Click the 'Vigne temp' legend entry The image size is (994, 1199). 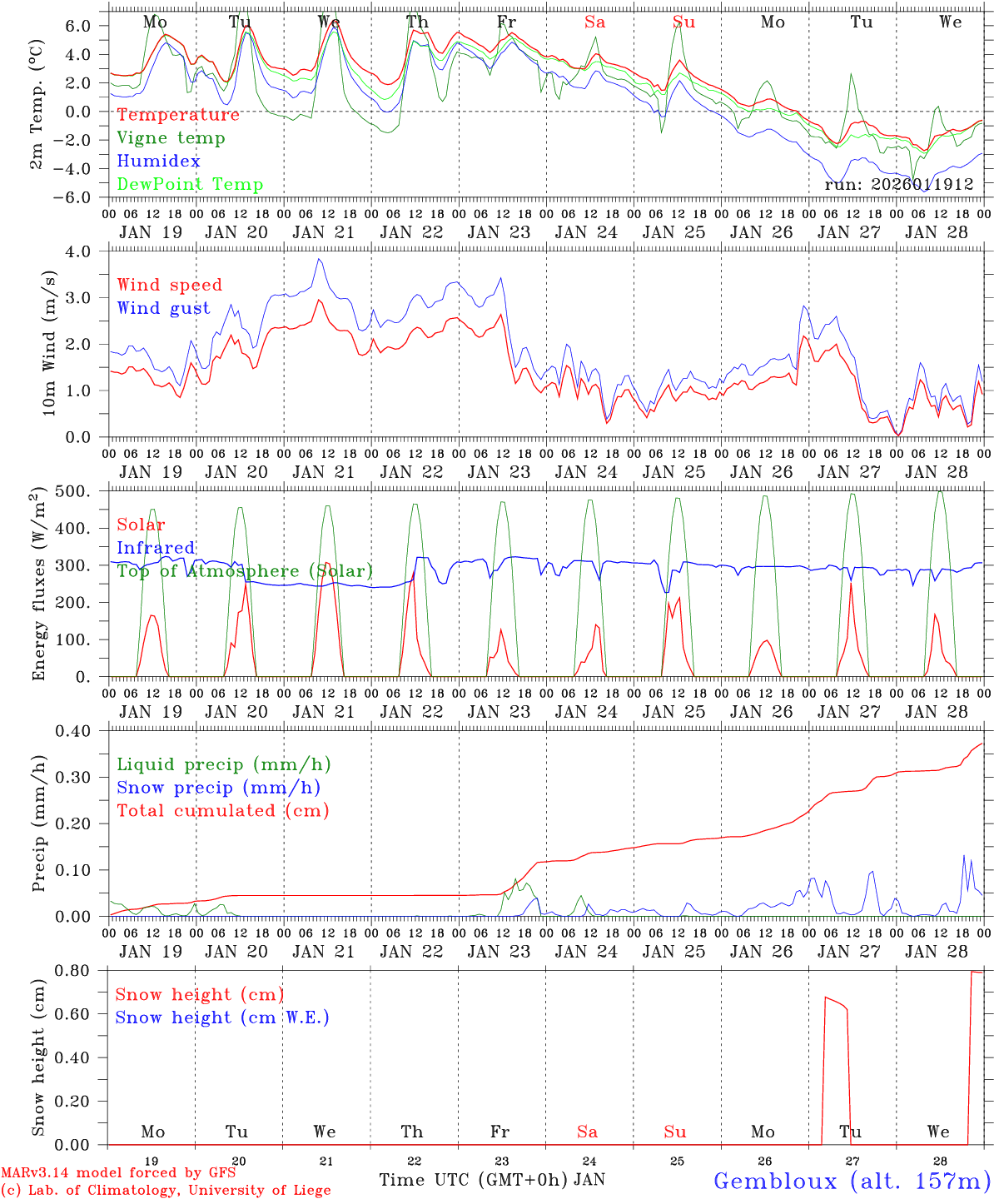(171, 138)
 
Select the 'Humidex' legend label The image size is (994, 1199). (159, 161)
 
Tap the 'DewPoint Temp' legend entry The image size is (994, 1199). (190, 184)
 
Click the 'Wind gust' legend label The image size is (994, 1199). (163, 308)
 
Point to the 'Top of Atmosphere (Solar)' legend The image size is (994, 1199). (245, 571)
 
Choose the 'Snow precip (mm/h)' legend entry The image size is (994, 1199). (219, 788)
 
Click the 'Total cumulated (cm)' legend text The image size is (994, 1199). (223, 810)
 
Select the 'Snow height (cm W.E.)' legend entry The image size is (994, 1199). (222, 1017)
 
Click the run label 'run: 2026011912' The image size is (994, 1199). (899, 184)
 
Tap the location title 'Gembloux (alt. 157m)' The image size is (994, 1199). (852, 1180)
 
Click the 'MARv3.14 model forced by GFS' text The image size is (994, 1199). (118, 1173)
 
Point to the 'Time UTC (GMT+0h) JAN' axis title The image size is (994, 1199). (492, 1180)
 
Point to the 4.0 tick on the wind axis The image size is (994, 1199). (87, 251)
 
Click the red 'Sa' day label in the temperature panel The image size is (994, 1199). (594, 22)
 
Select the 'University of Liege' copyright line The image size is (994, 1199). (166, 1191)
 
